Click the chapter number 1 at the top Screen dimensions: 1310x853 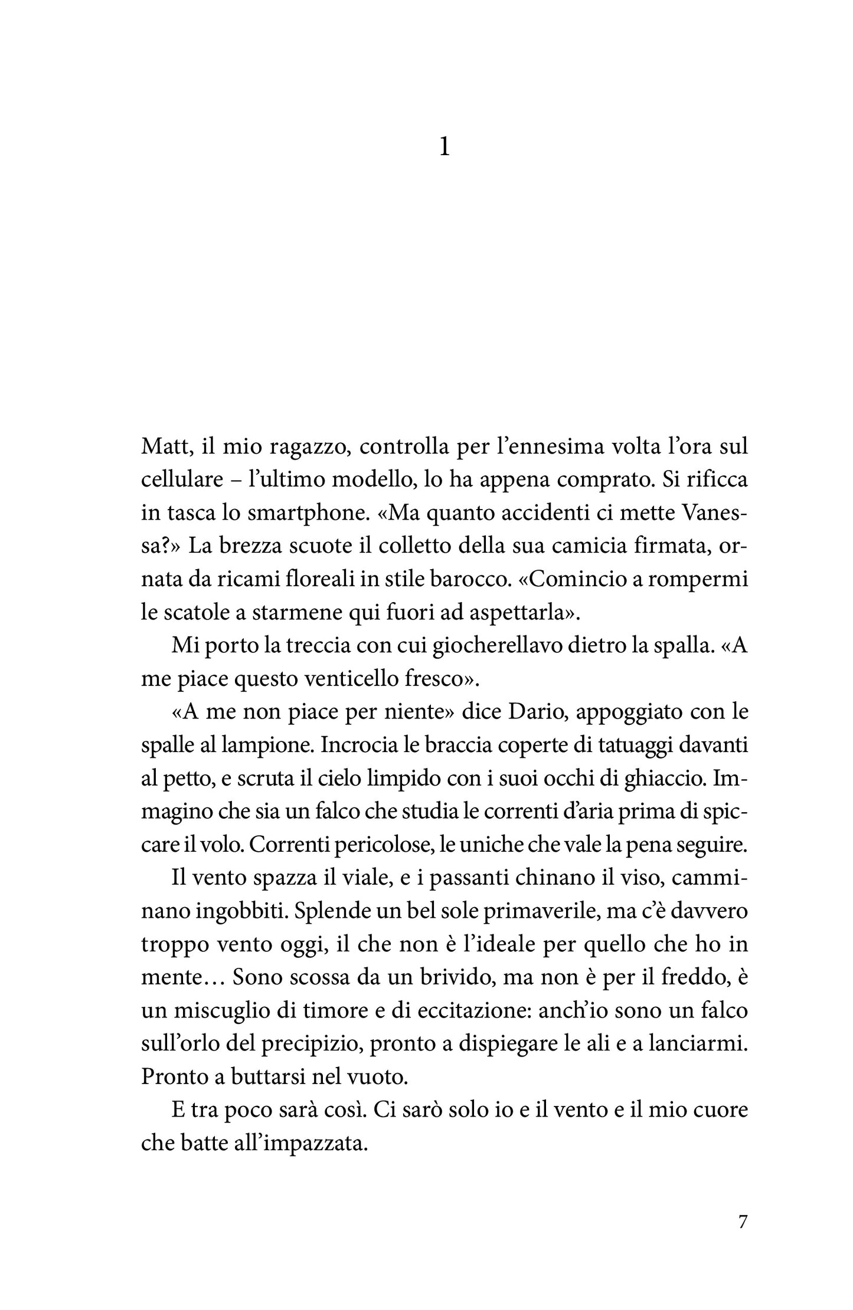pos(445,147)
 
